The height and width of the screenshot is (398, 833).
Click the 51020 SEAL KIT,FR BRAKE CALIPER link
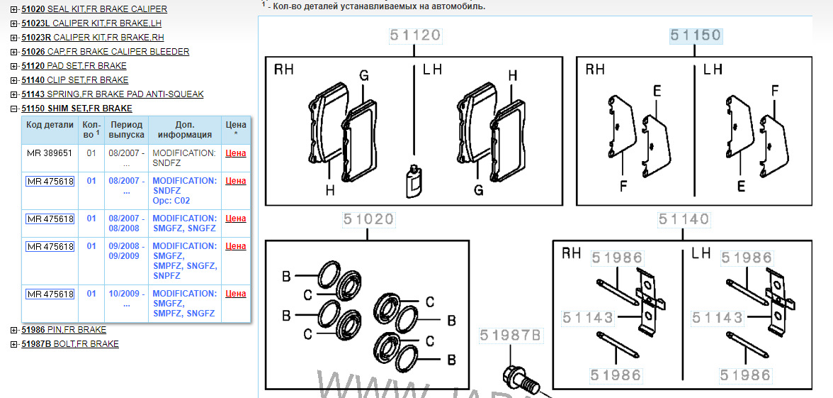coord(94,9)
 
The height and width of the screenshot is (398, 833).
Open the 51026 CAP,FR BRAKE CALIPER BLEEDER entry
coord(105,52)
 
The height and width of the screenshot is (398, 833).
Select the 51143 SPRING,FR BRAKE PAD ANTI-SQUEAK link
coord(113,94)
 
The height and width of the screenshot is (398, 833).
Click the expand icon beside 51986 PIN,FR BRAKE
coord(14,330)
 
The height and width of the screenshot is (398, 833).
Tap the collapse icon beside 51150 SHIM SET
coord(14,109)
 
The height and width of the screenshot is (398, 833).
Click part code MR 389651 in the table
coord(50,153)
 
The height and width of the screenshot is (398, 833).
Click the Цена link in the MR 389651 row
coord(236,153)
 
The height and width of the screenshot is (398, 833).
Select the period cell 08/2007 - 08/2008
coord(126,223)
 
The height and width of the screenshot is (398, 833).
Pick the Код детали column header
coord(50,125)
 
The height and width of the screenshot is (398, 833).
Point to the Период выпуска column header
coord(126,130)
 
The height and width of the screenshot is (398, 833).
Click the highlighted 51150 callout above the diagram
coord(696,35)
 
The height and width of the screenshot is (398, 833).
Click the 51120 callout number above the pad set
coord(415,35)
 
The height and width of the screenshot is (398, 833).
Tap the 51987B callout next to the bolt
coord(510,335)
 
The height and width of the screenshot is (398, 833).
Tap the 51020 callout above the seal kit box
coord(368,219)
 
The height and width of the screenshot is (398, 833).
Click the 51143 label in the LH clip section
coord(716,318)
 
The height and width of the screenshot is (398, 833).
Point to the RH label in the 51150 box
coord(596,70)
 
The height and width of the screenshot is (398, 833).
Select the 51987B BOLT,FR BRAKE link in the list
coord(70,343)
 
